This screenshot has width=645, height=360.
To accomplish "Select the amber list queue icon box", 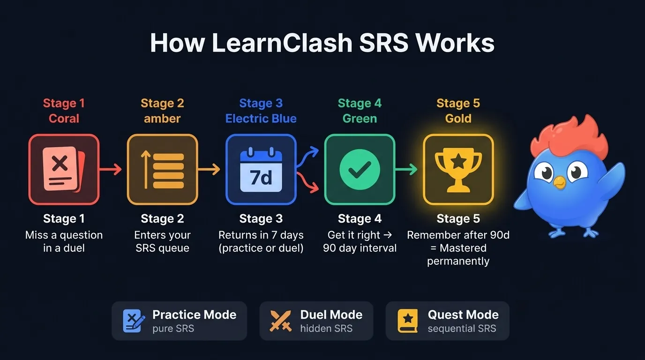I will [x=162, y=169].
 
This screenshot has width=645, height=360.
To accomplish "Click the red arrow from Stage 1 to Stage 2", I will [x=112, y=169].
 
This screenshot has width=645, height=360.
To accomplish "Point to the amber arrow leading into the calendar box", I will [x=210, y=169].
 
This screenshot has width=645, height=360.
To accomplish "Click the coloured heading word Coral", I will [x=64, y=119].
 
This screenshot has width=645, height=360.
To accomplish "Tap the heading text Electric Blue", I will [x=261, y=119].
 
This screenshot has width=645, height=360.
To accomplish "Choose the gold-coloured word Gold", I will [x=458, y=119].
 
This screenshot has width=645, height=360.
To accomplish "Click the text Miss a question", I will [x=64, y=235].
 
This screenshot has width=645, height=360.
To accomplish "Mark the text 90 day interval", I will [x=360, y=248].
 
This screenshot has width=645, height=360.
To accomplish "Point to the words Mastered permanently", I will [x=458, y=255].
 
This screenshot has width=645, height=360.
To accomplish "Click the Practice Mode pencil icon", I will [x=134, y=321].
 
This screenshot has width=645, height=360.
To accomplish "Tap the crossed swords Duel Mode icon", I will [x=281, y=321].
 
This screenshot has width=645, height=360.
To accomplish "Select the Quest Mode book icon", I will [x=407, y=321].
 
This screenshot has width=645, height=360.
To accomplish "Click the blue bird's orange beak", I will [x=559, y=181].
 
